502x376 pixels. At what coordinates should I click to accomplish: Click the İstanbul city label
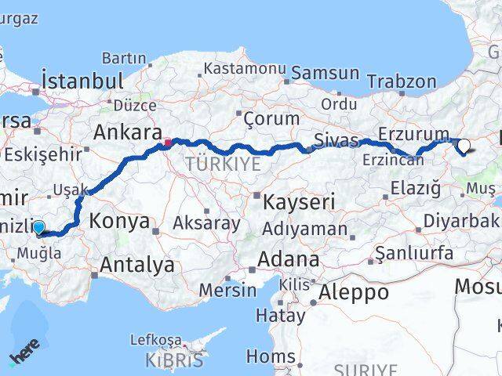(x=82, y=81)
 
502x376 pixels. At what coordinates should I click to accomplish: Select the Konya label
(x=119, y=221)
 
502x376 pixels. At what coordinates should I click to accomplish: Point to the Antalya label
(x=137, y=265)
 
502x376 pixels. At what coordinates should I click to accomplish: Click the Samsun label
(x=326, y=74)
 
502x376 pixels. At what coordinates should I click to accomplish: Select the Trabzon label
(x=402, y=81)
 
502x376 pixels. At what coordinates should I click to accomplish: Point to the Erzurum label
(x=413, y=134)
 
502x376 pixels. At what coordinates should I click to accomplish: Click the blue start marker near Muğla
(x=38, y=227)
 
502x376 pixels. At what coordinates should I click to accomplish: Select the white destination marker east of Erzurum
(x=464, y=145)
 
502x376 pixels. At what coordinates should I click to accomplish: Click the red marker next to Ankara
(x=167, y=143)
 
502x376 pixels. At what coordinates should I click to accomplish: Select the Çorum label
(x=271, y=119)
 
